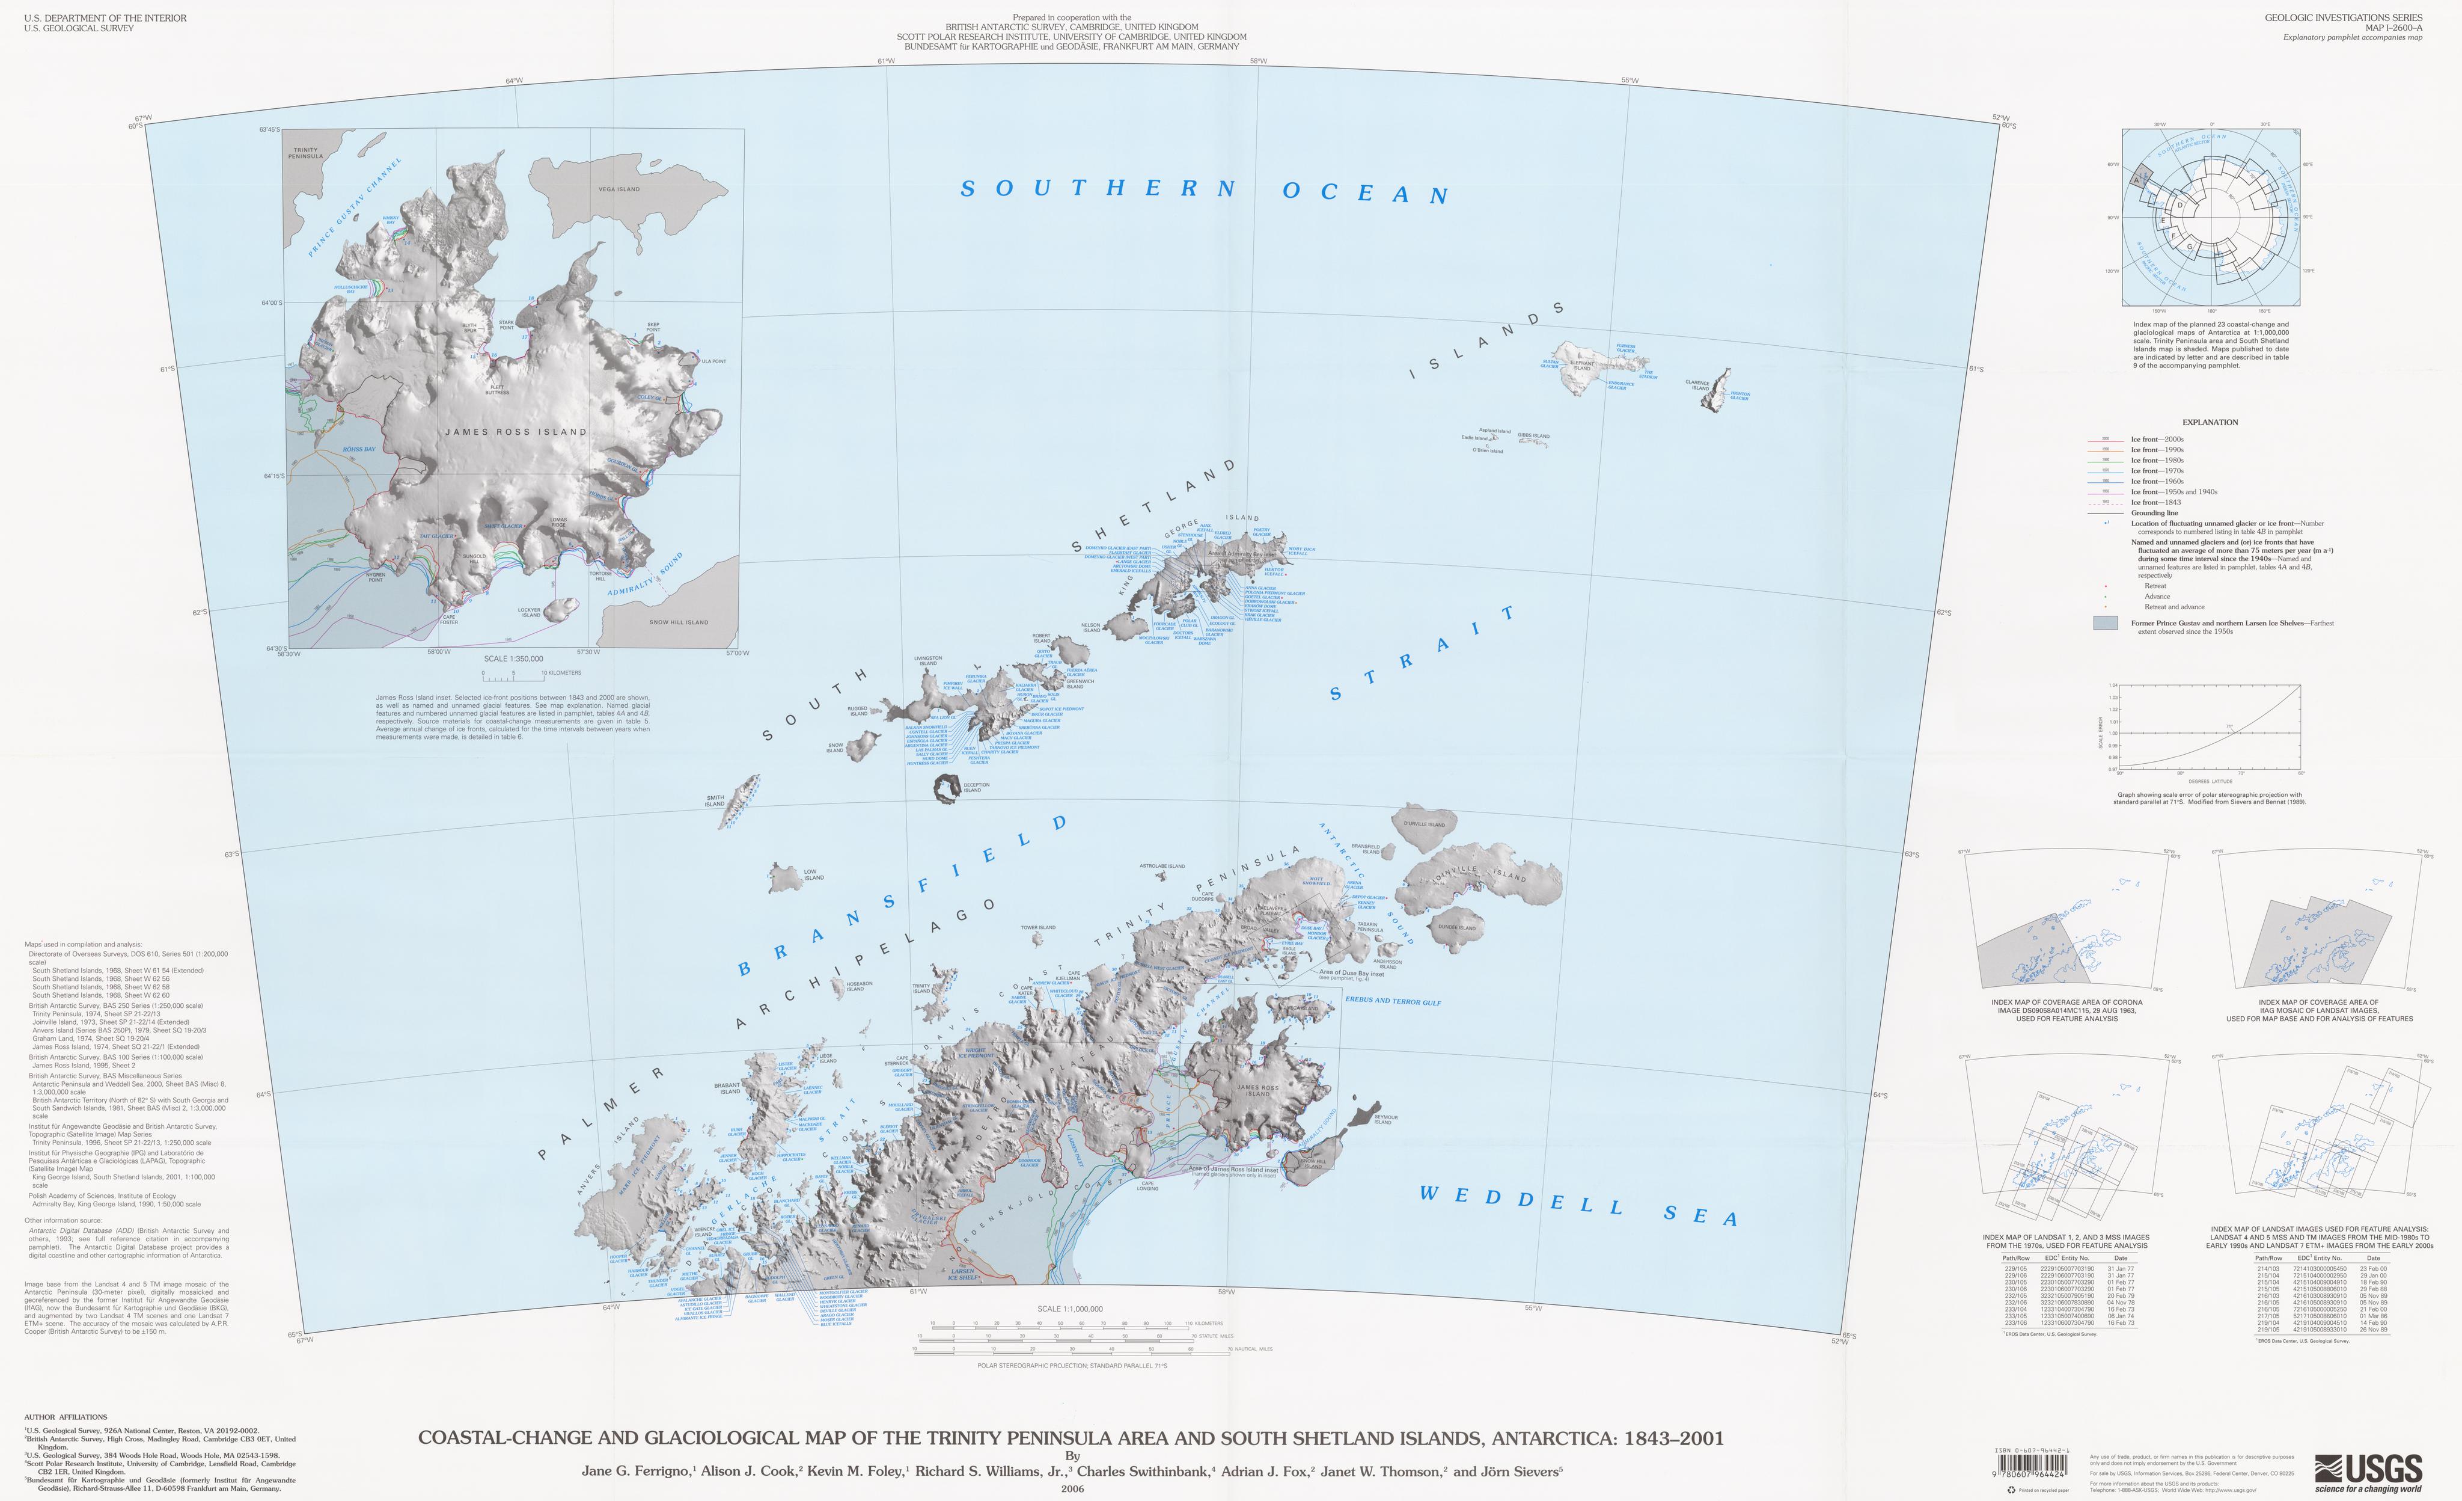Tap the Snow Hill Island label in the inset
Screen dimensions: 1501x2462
coord(679,622)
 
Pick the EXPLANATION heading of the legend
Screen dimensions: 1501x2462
coord(2209,422)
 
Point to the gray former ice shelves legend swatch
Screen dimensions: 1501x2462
coord(2104,622)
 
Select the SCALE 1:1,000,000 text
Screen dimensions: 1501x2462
coord(1069,1308)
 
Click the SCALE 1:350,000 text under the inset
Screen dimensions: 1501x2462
coord(513,658)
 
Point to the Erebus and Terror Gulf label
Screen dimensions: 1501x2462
coord(1393,1000)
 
